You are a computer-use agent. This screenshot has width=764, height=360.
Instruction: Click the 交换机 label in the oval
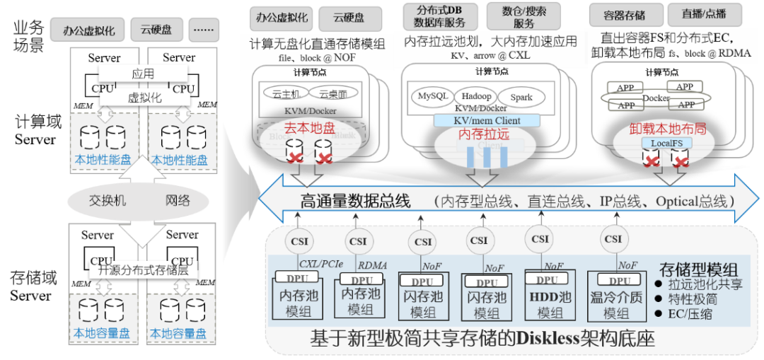click(x=107, y=201)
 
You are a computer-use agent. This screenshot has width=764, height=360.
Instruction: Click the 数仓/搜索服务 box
click(x=523, y=16)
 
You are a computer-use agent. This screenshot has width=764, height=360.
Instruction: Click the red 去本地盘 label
click(x=310, y=129)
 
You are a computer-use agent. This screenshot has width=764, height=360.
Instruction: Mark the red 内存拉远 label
click(x=484, y=133)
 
